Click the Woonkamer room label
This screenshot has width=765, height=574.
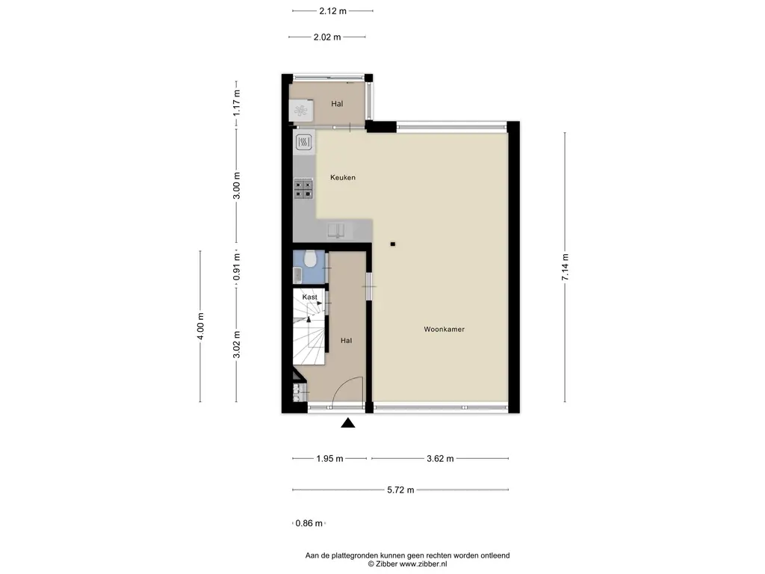(x=444, y=330)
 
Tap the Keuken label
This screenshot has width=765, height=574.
(x=342, y=178)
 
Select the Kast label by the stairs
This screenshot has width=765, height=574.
(x=309, y=297)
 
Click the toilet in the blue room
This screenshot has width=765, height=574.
(x=310, y=259)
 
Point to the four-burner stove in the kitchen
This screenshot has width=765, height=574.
(x=303, y=189)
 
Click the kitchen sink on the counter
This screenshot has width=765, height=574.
(x=337, y=230)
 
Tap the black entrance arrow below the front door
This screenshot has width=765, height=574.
(x=348, y=423)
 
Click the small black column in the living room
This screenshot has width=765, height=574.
(x=393, y=244)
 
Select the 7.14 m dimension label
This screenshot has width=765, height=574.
(x=565, y=267)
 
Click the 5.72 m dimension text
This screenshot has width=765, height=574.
(x=400, y=490)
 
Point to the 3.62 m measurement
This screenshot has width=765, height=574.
(x=440, y=459)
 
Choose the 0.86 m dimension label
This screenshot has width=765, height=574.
(x=309, y=523)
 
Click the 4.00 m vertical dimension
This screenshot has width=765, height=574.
(x=200, y=327)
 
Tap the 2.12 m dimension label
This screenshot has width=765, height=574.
(x=332, y=10)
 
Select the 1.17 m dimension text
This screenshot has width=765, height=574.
(x=237, y=103)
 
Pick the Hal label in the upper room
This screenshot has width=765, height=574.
(x=337, y=104)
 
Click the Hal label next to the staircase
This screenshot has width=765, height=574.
(x=346, y=341)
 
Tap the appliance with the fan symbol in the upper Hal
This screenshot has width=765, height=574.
(x=300, y=111)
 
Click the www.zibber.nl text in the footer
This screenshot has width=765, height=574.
(x=423, y=564)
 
